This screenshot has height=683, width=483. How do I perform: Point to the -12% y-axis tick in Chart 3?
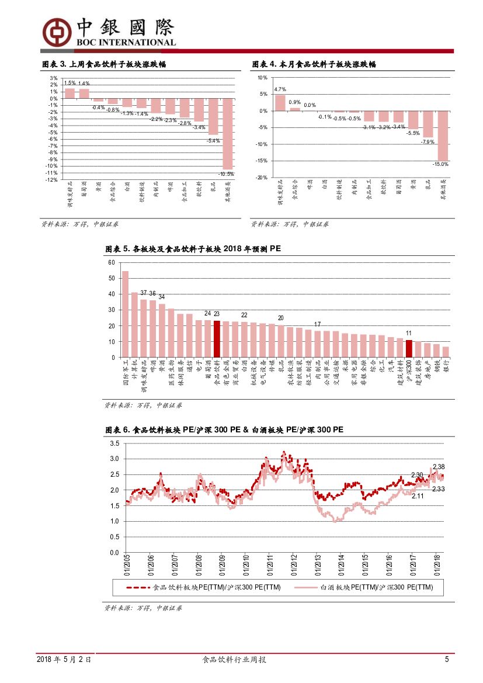pyautogui.click(x=53, y=180)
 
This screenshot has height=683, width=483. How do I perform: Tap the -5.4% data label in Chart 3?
pyautogui.click(x=213, y=140)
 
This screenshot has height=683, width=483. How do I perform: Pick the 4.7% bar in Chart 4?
pyautogui.click(x=280, y=102)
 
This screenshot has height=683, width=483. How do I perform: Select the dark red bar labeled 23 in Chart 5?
pyautogui.click(x=217, y=339)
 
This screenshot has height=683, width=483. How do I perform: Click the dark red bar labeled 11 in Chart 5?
pyautogui.click(x=409, y=348)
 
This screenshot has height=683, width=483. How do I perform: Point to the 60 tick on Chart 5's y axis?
pyautogui.click(x=111, y=263)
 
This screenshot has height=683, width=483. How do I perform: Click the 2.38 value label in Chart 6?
pyautogui.click(x=439, y=467)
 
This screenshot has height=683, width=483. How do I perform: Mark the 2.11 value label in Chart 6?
pyautogui.click(x=418, y=496)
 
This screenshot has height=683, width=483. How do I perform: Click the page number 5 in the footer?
pyautogui.click(x=447, y=660)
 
